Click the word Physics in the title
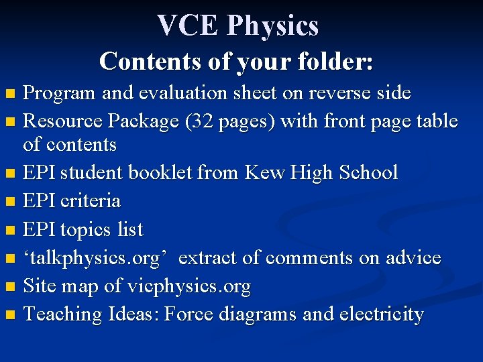point(272,25)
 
